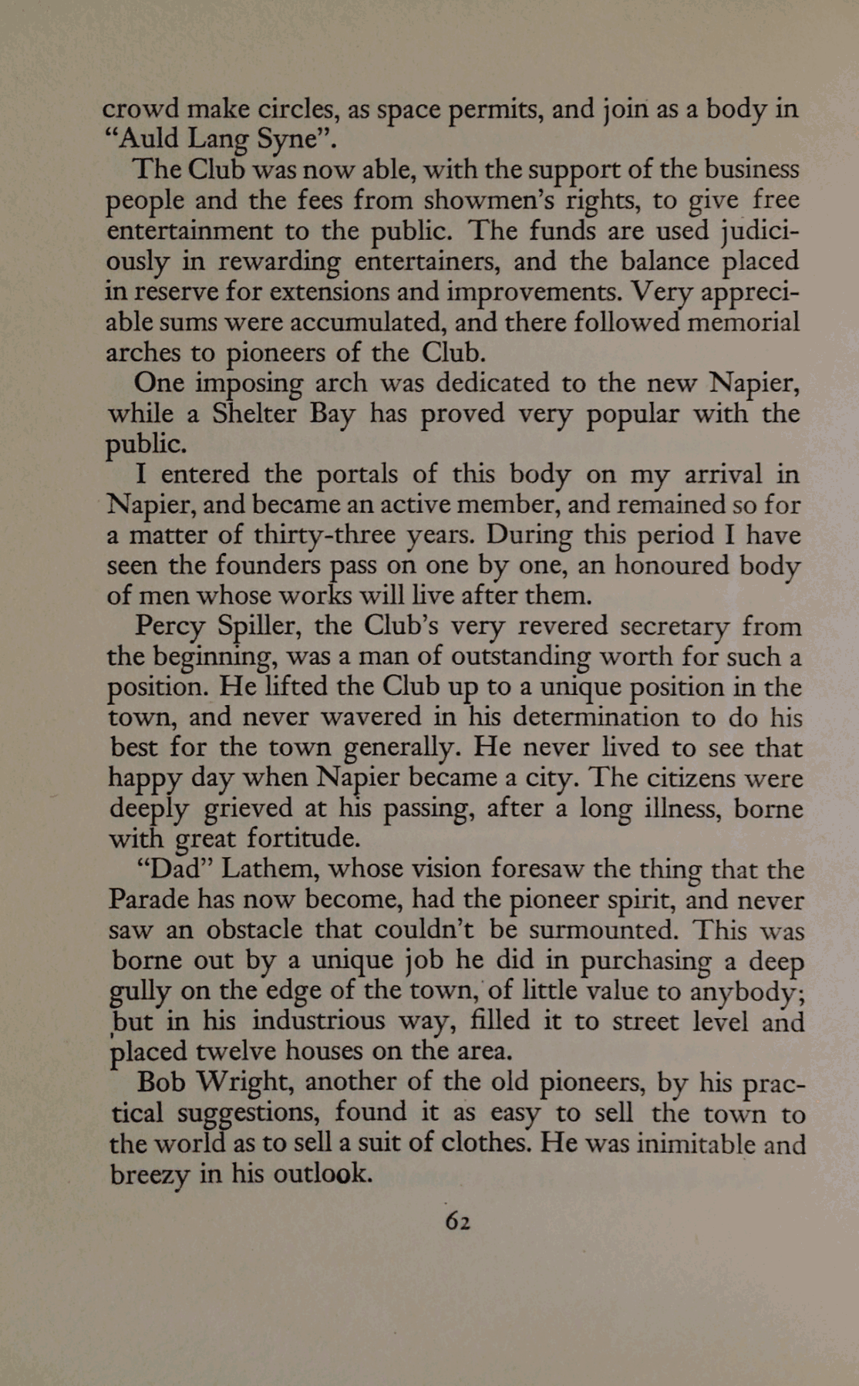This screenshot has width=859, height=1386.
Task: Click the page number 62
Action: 457,1220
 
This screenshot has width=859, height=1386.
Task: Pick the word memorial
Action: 743,322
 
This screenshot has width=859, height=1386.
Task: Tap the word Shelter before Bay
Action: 255,413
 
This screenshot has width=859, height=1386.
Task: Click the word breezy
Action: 150,1175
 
